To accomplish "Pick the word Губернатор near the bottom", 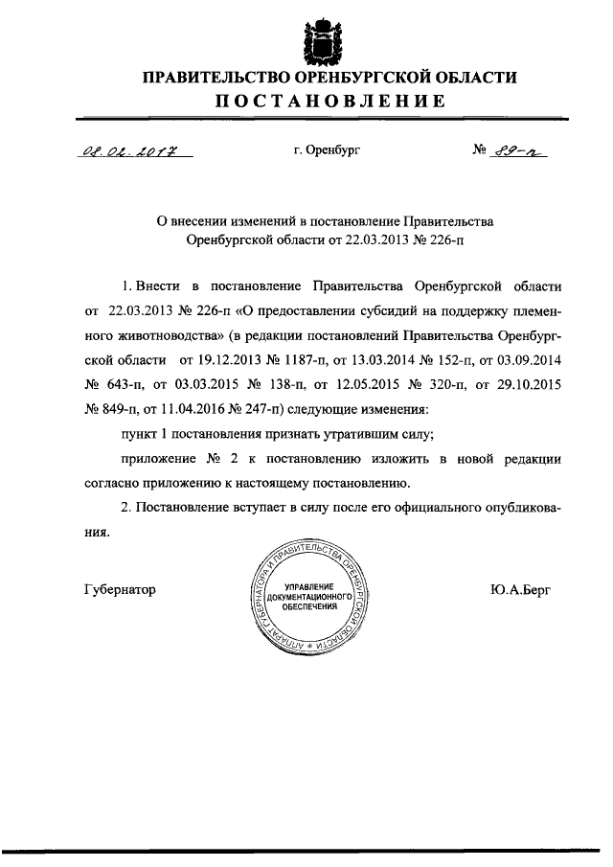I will point(121,589).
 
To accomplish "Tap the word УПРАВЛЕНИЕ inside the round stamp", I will point(305,585).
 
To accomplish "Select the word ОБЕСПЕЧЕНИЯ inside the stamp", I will point(305,607).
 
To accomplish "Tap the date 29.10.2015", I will point(526,385).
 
